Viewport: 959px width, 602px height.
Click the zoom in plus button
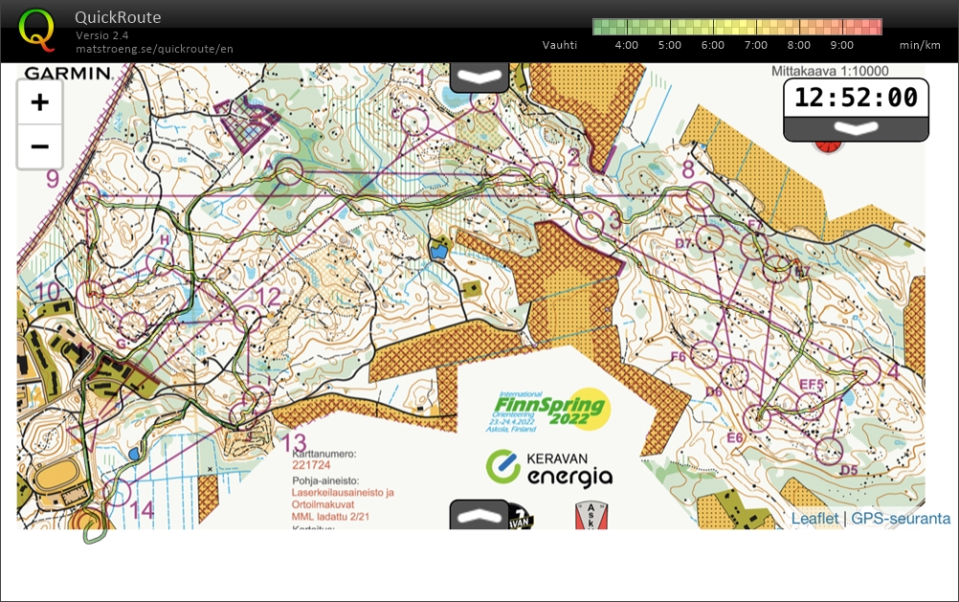(39, 102)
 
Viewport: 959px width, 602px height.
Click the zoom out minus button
(39, 146)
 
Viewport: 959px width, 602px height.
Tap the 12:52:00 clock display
(856, 98)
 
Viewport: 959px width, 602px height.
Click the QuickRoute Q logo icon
(36, 28)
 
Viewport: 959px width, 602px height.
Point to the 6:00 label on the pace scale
(712, 45)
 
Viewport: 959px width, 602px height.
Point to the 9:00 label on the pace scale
(841, 45)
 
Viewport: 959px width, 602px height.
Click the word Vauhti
(560, 45)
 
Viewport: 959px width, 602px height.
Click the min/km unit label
(917, 45)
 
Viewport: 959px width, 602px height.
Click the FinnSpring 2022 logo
(552, 409)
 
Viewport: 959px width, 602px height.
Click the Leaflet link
(814, 519)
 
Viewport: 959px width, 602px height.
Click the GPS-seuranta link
(901, 519)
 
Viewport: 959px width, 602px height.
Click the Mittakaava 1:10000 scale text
(830, 71)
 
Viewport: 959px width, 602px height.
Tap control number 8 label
(687, 169)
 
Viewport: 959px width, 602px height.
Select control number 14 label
(141, 510)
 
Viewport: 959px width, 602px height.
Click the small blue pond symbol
(438, 252)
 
